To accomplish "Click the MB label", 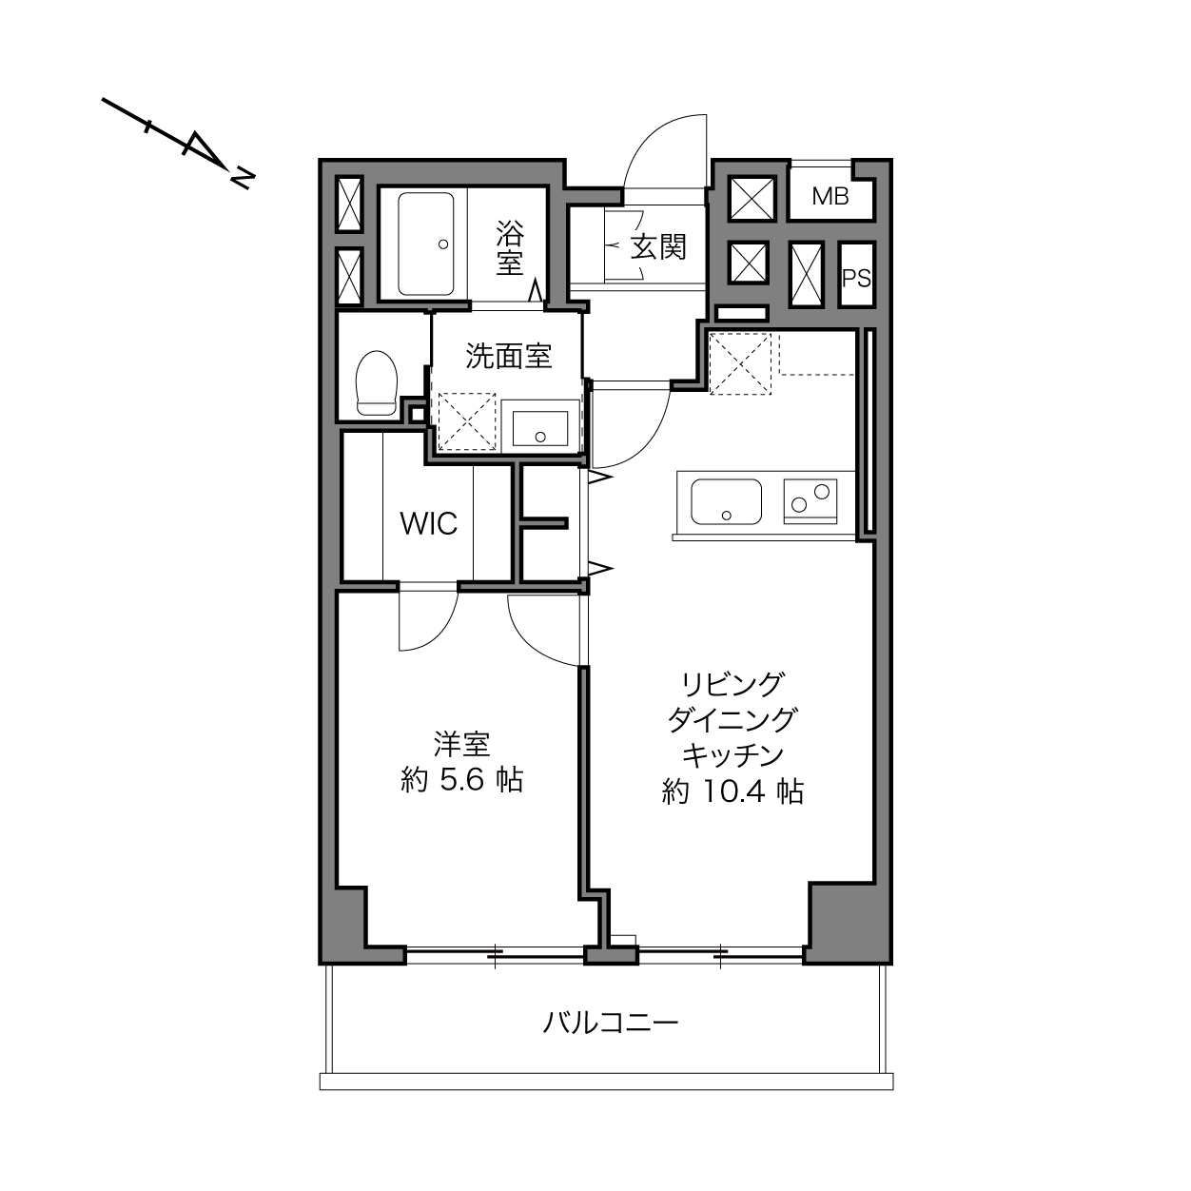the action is pyautogui.click(x=830, y=197).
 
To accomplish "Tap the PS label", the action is pyautogui.click(x=857, y=279).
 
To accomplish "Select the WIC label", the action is pyautogui.click(x=428, y=524).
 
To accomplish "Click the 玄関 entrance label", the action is pyautogui.click(x=658, y=248).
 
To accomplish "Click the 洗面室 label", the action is pyautogui.click(x=508, y=356).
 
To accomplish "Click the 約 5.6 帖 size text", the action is pyautogui.click(x=461, y=780).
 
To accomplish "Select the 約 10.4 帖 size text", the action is pyautogui.click(x=732, y=791).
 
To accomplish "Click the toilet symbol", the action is pyautogui.click(x=377, y=382).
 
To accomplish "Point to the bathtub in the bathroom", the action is pyautogui.click(x=426, y=244).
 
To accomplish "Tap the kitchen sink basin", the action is pyautogui.click(x=726, y=501).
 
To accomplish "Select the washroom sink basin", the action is pyautogui.click(x=540, y=428).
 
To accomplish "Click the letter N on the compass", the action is pyautogui.click(x=243, y=177).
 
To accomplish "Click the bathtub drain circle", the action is pyautogui.click(x=443, y=244).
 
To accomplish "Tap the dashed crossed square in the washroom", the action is pyautogui.click(x=467, y=421).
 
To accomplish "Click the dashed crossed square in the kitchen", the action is pyautogui.click(x=740, y=363).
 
